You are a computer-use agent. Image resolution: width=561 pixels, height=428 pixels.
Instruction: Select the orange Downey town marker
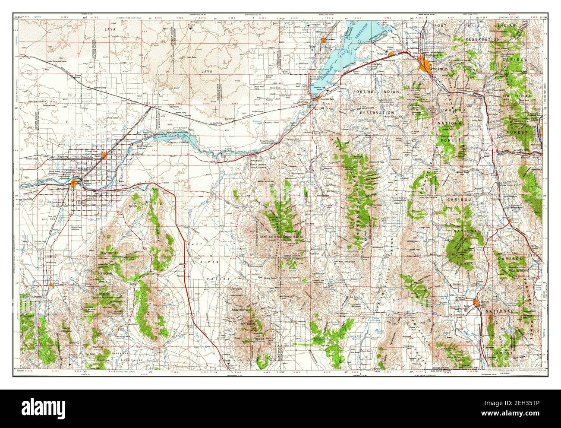point(510,220)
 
